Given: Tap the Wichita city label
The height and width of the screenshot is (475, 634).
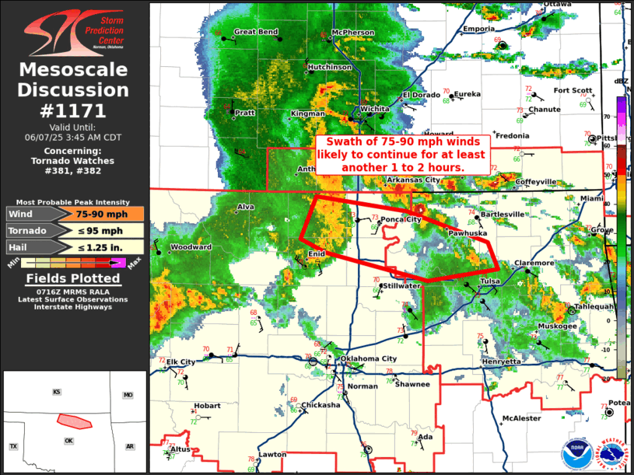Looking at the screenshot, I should (374, 110).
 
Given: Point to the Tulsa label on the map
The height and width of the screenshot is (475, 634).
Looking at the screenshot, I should (490, 281).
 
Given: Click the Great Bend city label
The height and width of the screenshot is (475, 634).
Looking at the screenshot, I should (256, 32).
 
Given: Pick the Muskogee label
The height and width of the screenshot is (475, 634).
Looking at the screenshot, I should (559, 326).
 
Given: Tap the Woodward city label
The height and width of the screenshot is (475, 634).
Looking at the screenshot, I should (191, 247).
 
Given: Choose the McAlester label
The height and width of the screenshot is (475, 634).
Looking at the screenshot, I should (521, 418).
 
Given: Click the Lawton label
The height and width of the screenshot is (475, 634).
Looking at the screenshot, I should (273, 454).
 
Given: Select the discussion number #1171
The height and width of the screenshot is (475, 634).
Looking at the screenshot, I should (73, 110).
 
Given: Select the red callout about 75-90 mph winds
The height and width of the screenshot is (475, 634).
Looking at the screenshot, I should (402, 155).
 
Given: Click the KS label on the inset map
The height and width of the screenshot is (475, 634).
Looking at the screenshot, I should (56, 392).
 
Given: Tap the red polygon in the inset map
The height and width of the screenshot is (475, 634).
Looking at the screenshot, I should (75, 421).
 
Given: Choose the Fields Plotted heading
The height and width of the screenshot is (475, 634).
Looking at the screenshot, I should (73, 279).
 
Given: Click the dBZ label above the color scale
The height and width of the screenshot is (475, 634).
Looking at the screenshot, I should (621, 81).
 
